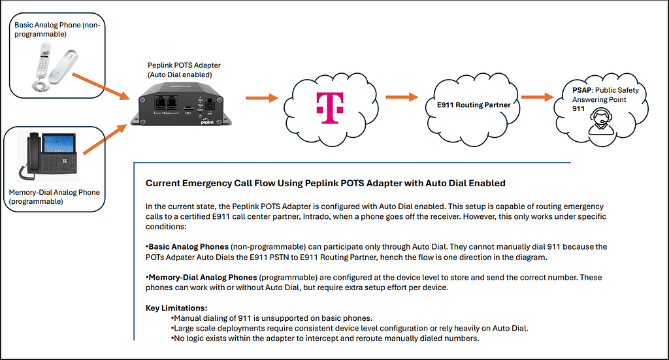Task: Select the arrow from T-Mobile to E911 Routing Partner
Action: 401,98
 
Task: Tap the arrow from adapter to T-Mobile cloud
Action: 262,99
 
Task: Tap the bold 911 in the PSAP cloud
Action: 579,108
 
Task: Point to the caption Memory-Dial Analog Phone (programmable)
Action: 54,197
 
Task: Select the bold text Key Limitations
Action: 176,308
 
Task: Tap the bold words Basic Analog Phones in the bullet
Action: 189,246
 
